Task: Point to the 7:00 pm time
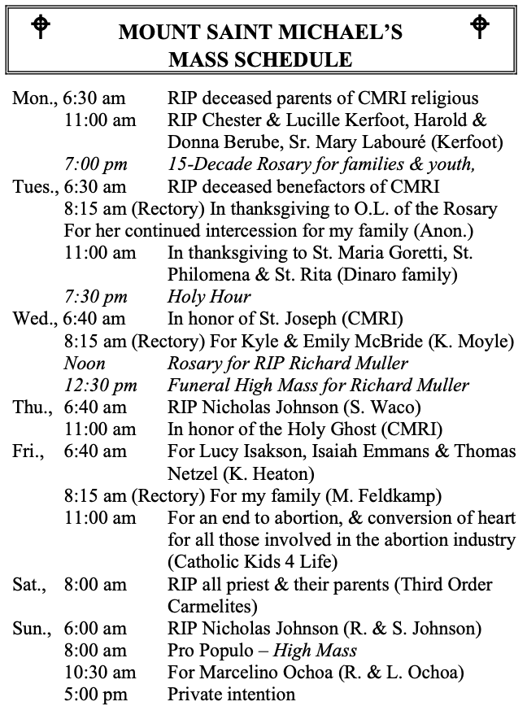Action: pyautogui.click(x=96, y=164)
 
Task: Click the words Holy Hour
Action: pyautogui.click(x=209, y=297)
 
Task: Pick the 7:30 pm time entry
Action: pyautogui.click(x=96, y=297)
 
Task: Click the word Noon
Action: pyautogui.click(x=85, y=363)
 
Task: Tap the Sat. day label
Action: pyautogui.click(x=29, y=584)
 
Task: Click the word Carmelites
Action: pyautogui.click(x=210, y=606)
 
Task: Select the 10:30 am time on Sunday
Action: pyautogui.click(x=100, y=672)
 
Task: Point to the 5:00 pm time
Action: pyautogui.click(x=96, y=694)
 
